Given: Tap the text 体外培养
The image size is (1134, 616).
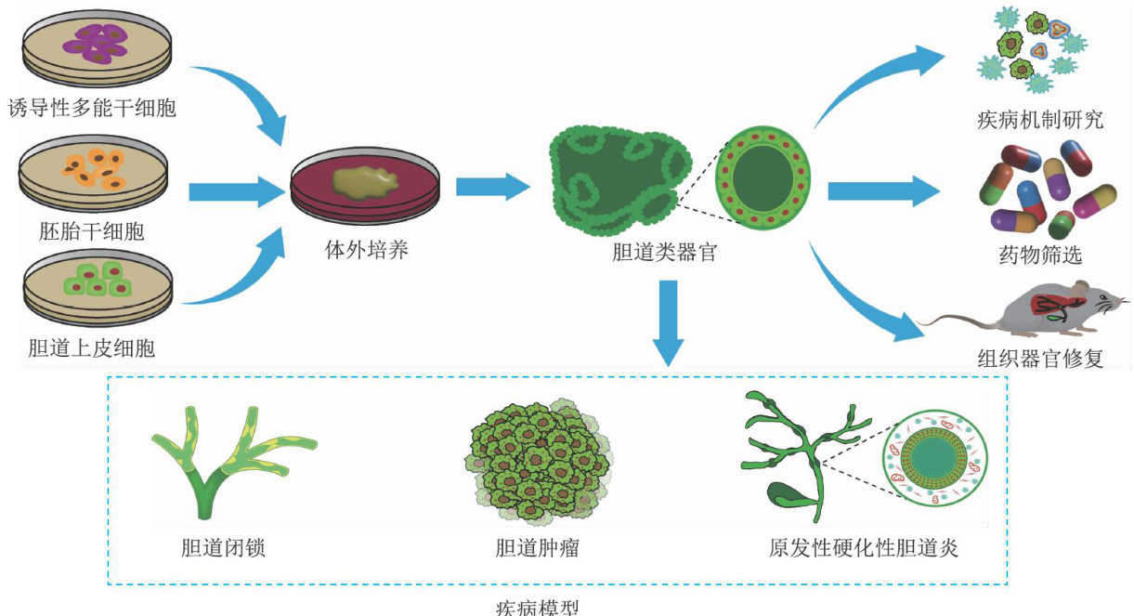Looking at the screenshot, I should [x=366, y=251].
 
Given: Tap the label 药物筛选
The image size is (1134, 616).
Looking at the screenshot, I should [x=1042, y=254].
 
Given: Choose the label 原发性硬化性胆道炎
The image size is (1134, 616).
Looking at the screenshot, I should [x=863, y=547].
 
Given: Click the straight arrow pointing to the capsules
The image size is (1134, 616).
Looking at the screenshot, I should [x=882, y=191].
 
